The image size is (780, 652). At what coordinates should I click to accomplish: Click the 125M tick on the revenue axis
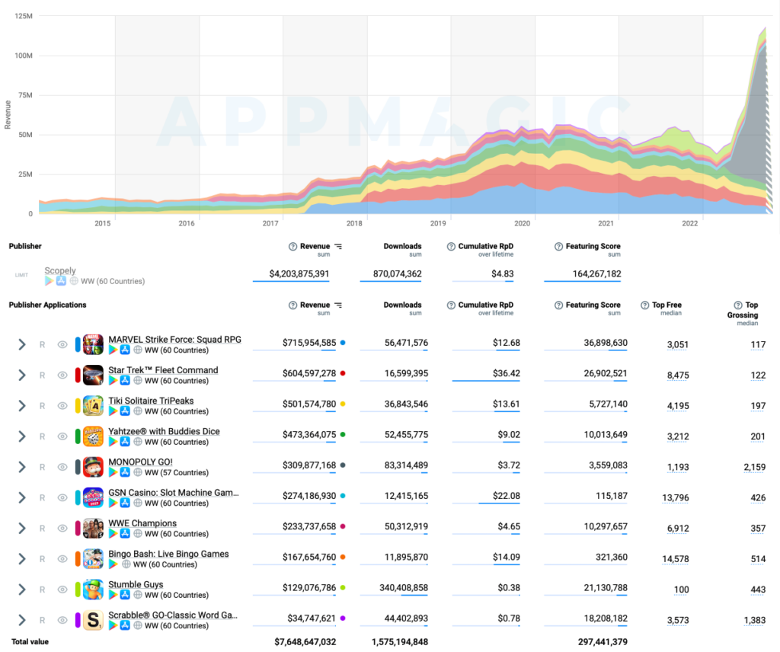tap(23, 16)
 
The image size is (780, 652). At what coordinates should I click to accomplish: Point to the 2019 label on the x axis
tap(438, 223)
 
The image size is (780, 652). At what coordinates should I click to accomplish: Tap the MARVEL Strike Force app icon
tap(93, 344)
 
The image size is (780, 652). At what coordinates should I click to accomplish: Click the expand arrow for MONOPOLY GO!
tap(22, 467)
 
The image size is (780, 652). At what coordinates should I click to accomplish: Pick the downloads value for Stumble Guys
tap(403, 588)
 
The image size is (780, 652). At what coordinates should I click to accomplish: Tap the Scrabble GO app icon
tap(93, 620)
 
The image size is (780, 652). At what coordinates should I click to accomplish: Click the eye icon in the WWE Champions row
tap(62, 529)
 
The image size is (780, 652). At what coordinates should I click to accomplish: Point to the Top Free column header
tap(667, 305)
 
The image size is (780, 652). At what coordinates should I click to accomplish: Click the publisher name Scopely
tap(60, 271)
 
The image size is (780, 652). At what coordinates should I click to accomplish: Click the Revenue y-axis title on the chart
tap(8, 113)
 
